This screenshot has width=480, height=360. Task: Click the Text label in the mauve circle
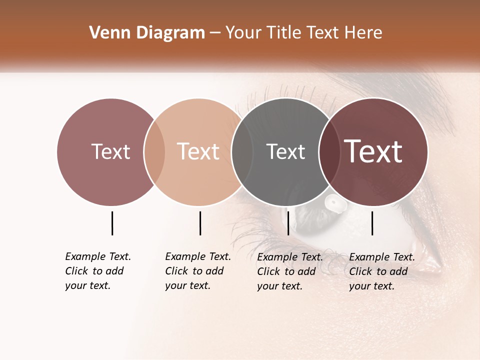[110, 151]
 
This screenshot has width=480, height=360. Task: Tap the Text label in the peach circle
[198, 151]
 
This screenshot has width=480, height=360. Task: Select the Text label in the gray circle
[285, 151]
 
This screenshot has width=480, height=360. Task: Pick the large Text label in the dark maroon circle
[373, 151]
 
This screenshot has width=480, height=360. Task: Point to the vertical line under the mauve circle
[112, 223]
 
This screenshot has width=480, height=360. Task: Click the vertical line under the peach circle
[200, 223]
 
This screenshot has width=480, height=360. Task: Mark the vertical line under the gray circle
[288, 223]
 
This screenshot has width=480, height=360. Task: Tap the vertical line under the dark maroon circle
[372, 223]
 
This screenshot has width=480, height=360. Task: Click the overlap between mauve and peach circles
[154, 151]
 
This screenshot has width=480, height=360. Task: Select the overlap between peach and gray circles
[242, 151]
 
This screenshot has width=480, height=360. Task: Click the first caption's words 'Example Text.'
[98, 256]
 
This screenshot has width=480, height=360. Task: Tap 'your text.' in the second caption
[187, 285]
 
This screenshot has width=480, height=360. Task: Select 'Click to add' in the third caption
[286, 271]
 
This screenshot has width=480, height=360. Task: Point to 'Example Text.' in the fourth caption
[382, 257]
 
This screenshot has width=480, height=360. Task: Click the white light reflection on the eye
[333, 201]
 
